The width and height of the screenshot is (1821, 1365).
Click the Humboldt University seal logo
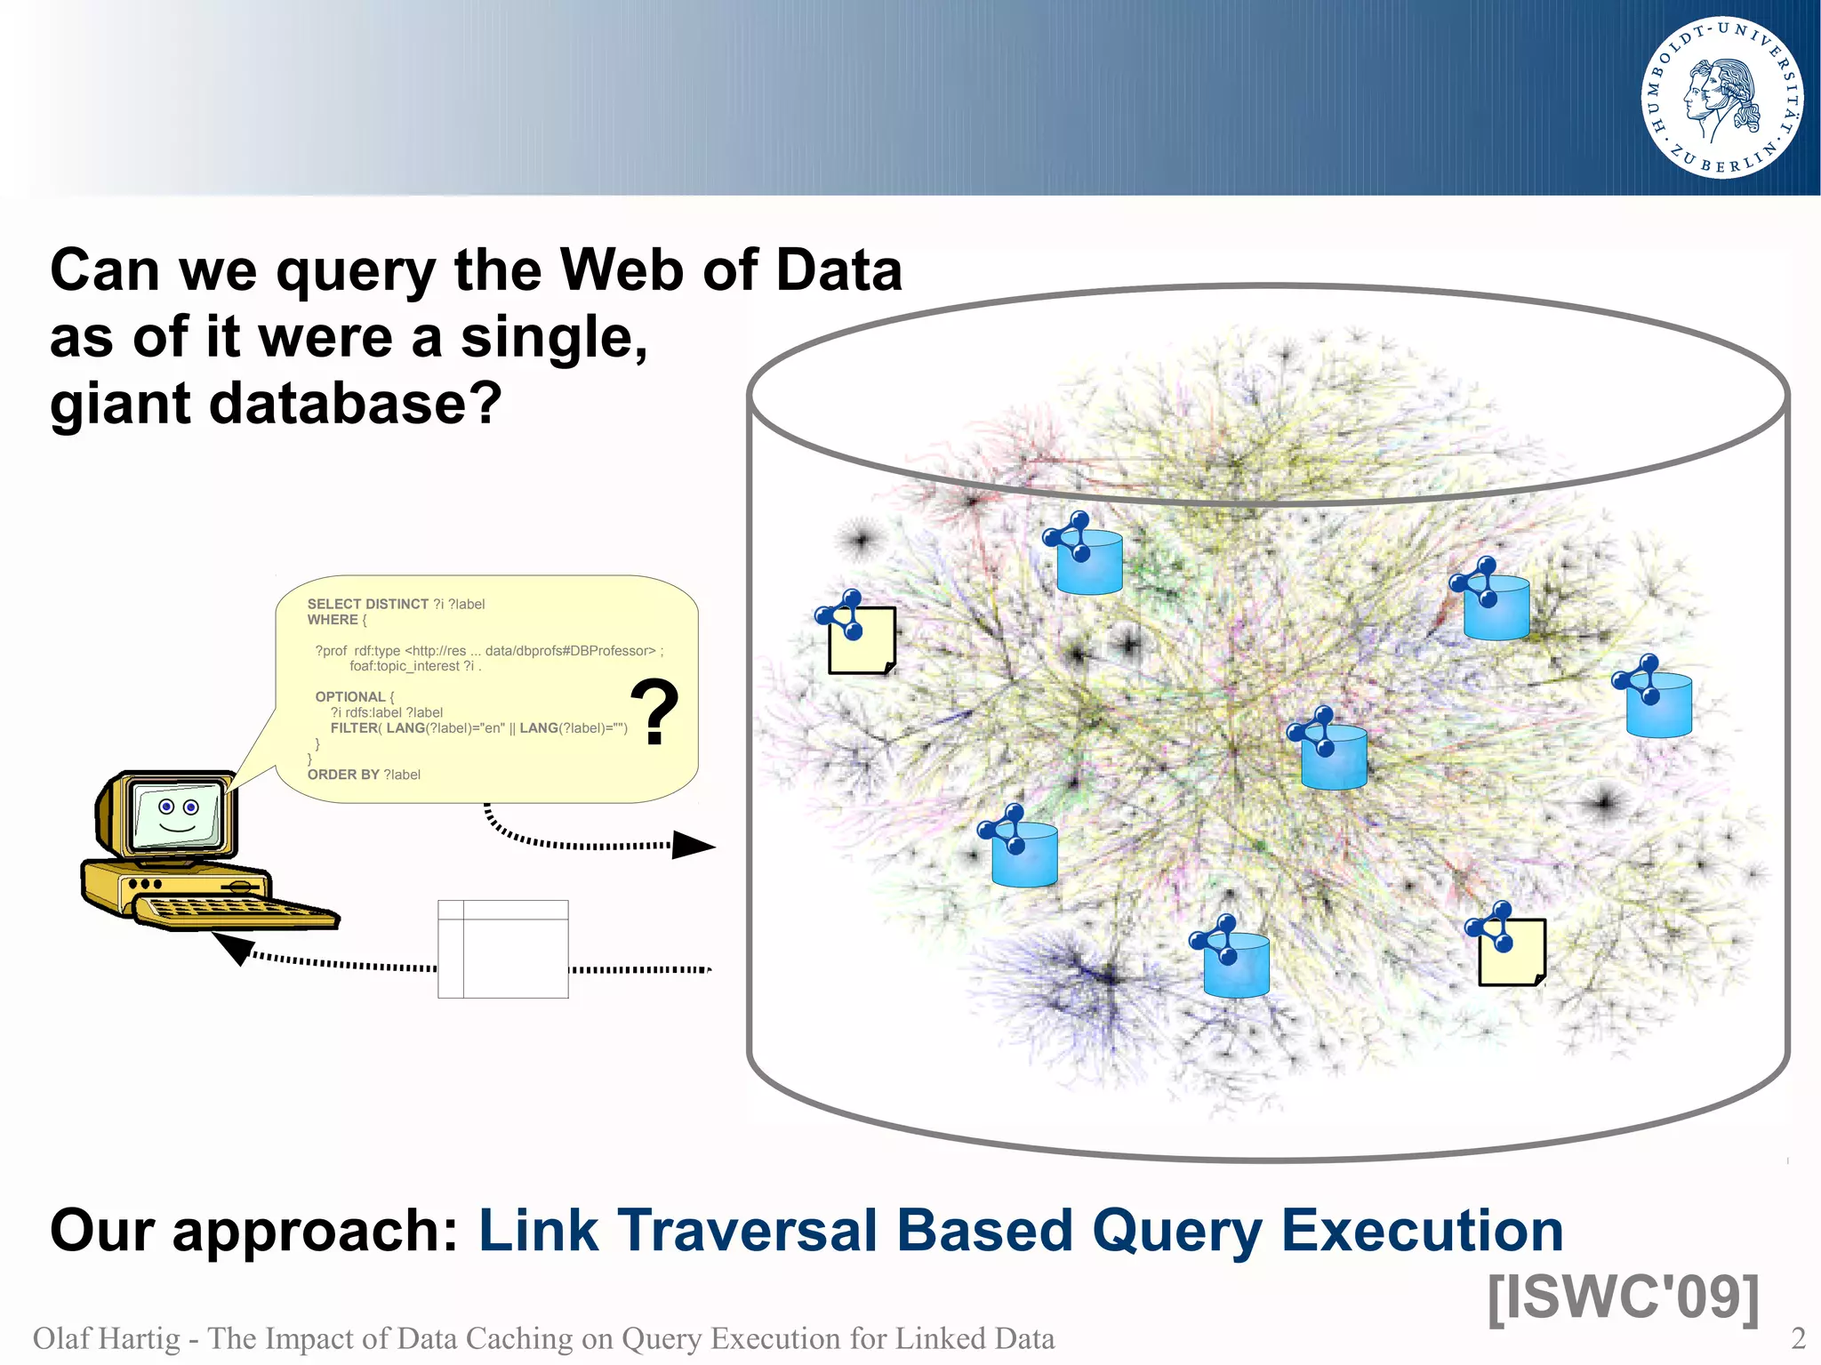tap(1721, 98)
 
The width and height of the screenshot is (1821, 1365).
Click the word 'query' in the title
tap(356, 271)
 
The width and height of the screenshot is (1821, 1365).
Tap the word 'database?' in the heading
tap(356, 405)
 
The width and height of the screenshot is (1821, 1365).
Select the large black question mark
tap(654, 711)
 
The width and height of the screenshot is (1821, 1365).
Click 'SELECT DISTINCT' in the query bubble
tap(367, 604)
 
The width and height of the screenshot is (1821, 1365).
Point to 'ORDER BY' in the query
tap(343, 775)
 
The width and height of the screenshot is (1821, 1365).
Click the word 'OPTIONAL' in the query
tap(349, 696)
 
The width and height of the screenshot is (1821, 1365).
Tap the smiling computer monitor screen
tap(176, 814)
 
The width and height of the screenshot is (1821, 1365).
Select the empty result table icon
tap(503, 949)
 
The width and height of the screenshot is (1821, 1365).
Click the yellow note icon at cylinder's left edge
tap(861, 640)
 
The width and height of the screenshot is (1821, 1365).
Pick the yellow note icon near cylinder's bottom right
tap(1512, 952)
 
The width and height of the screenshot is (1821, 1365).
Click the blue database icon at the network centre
tap(1333, 756)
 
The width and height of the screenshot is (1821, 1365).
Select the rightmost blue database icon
tap(1658, 704)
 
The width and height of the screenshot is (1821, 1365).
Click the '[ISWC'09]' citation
tap(1623, 1297)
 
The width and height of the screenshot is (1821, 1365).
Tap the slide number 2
tap(1797, 1337)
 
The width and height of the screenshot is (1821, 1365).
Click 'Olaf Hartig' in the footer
tap(106, 1338)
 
